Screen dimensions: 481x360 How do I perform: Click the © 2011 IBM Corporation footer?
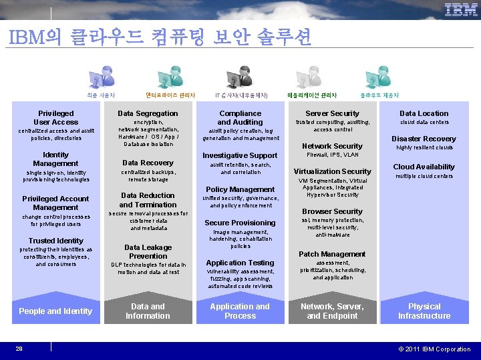pos(435,349)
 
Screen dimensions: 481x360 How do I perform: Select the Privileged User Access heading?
pos(56,118)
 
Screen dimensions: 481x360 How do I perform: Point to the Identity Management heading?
pos(55,159)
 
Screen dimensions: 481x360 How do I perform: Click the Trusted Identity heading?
pos(56,241)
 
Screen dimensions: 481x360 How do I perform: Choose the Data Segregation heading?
pos(148,114)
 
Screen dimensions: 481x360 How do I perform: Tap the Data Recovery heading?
pos(148,163)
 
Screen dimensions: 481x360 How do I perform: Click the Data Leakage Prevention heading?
pos(148,251)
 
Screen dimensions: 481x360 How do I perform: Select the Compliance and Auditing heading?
pos(240,118)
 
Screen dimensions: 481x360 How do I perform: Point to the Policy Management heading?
pos(240,189)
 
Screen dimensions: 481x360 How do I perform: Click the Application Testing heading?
pos(240,263)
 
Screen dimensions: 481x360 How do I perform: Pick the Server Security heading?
pos(332,114)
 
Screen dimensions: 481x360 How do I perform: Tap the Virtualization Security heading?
pos(332,171)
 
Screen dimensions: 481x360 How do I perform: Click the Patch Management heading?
pos(332,254)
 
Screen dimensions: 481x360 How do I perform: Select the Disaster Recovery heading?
pos(424,139)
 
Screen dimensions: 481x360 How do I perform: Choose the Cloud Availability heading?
pos(424,167)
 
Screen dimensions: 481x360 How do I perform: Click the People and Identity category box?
pos(55,311)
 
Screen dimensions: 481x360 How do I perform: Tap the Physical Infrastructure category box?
pos(424,311)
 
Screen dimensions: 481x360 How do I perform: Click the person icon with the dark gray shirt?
pos(238,78)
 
